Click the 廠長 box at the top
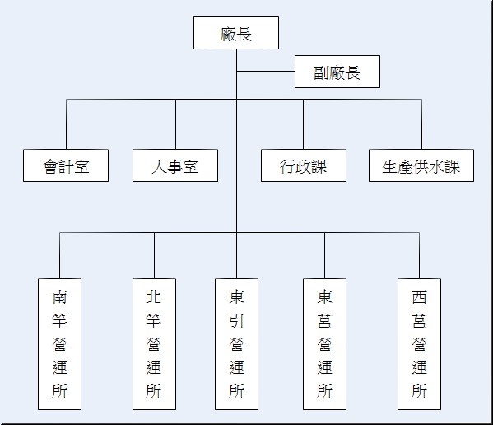[x=235, y=34]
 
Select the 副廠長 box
[x=337, y=72]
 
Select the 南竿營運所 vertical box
[x=59, y=343]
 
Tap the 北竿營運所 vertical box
[x=154, y=343]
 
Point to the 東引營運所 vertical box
[x=236, y=343]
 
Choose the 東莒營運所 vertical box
[x=324, y=343]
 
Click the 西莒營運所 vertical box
[x=419, y=343]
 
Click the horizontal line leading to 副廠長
[x=265, y=72]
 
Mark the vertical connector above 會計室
[x=66, y=124]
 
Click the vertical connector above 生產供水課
[x=421, y=124]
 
